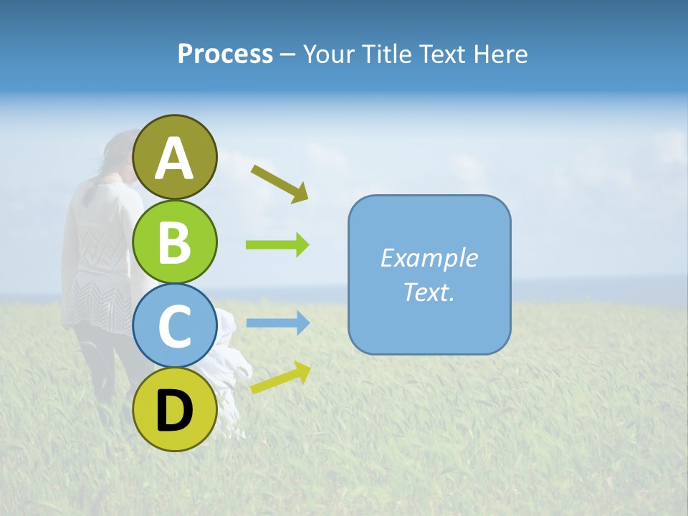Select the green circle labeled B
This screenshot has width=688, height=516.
175,242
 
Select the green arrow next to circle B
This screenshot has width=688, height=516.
277,245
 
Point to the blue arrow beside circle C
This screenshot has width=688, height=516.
277,323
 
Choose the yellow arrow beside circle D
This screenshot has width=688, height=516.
280,378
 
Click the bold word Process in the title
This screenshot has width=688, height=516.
225,54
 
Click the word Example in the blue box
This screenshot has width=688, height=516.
429,258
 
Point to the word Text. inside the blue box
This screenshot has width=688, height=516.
429,292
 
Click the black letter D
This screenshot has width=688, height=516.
175,411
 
